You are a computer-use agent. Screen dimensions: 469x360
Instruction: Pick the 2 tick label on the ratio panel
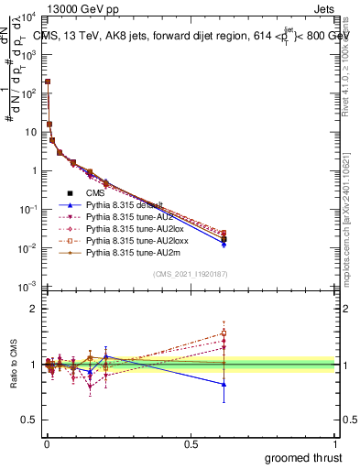34,309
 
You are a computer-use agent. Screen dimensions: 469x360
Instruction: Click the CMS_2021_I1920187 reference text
190,275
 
